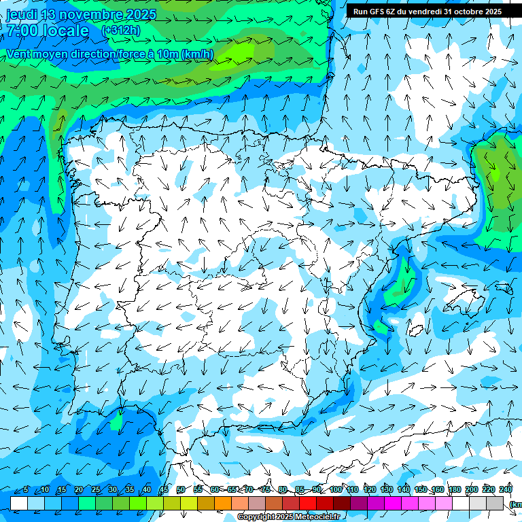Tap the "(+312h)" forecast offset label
(121, 31)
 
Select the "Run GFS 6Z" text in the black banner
(375, 12)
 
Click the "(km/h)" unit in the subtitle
(198, 54)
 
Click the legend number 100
(336, 490)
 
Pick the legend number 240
(506, 490)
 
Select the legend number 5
(26, 490)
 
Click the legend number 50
(181, 490)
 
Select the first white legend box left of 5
(19, 503)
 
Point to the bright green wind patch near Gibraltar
(116, 423)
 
